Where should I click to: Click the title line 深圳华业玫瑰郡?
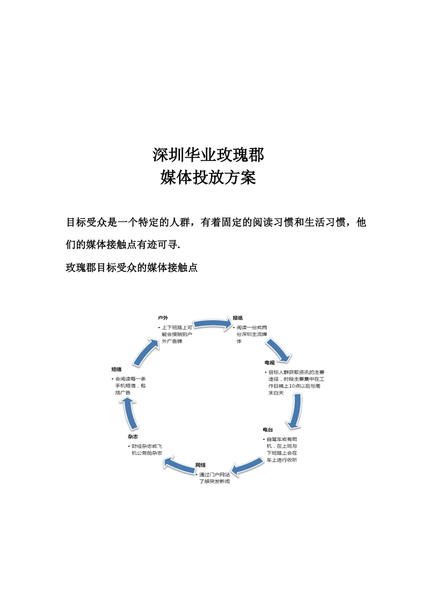pyautogui.click(x=208, y=155)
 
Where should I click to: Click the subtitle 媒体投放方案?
pyautogui.click(x=208, y=178)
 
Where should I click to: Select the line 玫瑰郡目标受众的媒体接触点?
pyautogui.click(x=132, y=268)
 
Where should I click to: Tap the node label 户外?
pyautogui.click(x=163, y=318)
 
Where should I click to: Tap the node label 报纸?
pyautogui.click(x=237, y=318)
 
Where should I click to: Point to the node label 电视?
pyautogui.click(x=269, y=363)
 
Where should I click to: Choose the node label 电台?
pyautogui.click(x=268, y=430)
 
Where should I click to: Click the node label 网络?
pyautogui.click(x=201, y=465)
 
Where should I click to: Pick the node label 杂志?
pyautogui.click(x=133, y=437)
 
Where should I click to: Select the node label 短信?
pyautogui.click(x=116, y=369)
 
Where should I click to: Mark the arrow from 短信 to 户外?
pyautogui.click(x=147, y=351)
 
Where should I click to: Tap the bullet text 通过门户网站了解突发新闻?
pyautogui.click(x=214, y=478)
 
